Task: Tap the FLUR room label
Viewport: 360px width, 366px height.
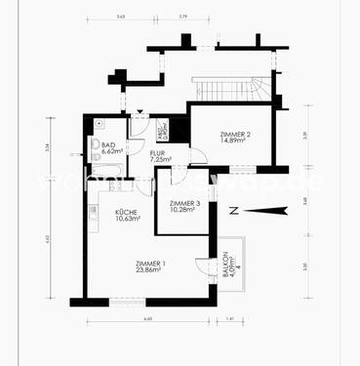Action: pyautogui.click(x=156, y=153)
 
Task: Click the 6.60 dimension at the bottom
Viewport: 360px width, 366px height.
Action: pyautogui.click(x=148, y=319)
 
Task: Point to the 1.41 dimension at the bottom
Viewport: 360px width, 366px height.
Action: pyautogui.click(x=230, y=319)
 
